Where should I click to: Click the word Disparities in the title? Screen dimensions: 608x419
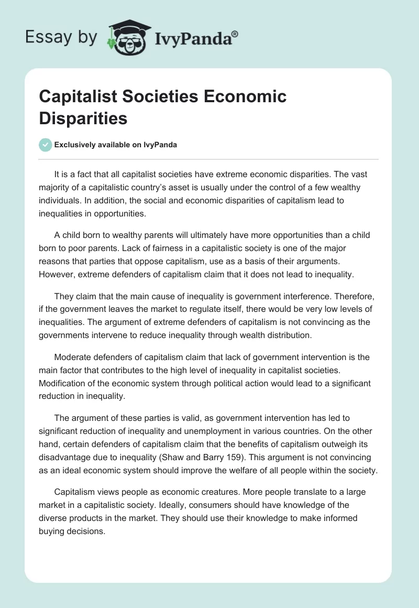pyautogui.click(x=83, y=118)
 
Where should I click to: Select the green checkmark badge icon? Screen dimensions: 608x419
pyautogui.click(x=46, y=145)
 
